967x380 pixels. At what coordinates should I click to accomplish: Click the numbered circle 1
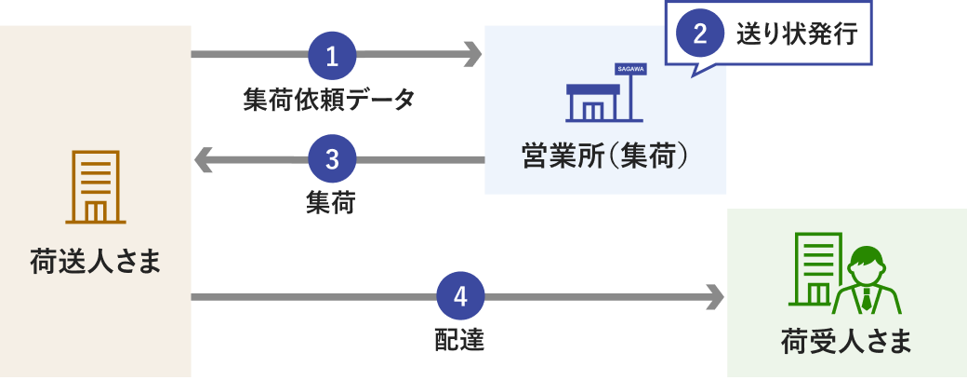click(x=332, y=55)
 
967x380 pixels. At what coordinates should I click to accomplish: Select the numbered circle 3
click(x=332, y=160)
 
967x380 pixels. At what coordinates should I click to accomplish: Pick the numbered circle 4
click(x=460, y=297)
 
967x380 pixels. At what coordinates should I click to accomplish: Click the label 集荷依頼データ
click(x=329, y=99)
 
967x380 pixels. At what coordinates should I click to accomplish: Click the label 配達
click(x=459, y=340)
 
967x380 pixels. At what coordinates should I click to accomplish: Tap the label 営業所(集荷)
click(x=604, y=154)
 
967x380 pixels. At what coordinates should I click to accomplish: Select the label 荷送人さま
click(x=96, y=262)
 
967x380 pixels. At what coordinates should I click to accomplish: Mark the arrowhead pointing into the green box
click(x=714, y=297)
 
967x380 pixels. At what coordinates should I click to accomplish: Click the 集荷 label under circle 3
click(x=330, y=202)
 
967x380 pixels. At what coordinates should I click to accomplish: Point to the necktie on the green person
click(x=867, y=298)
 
